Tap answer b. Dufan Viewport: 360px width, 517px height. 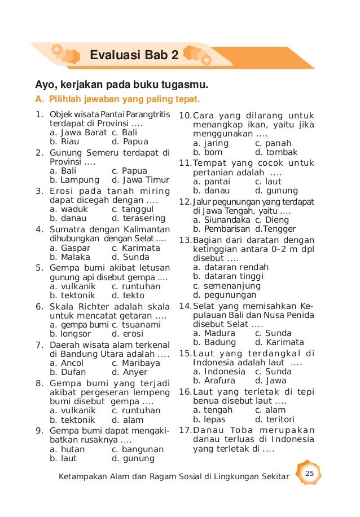[68, 372]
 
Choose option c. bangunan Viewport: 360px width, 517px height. [138, 449]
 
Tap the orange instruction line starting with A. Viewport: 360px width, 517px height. [117, 100]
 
